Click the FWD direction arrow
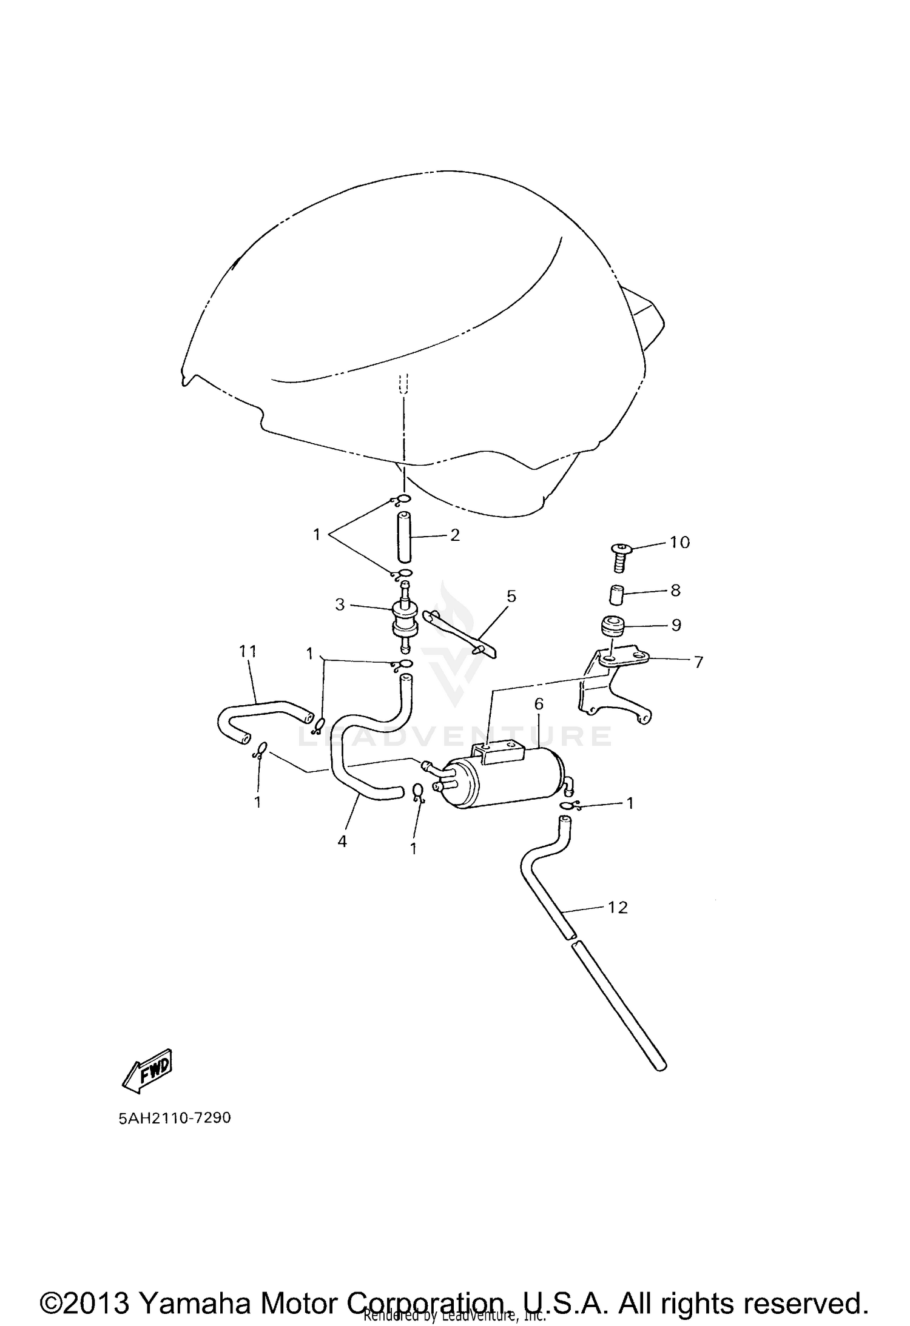coord(147,1071)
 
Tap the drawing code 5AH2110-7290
coord(175,1118)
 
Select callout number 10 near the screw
coord(680,542)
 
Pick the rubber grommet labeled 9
coord(612,626)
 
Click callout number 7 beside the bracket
coord(698,662)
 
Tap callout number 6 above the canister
coord(538,704)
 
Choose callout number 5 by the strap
coord(511,596)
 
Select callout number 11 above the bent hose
coord(248,651)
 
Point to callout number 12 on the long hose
coord(618,925)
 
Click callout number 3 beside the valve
coord(340,604)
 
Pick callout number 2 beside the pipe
coord(455,535)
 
